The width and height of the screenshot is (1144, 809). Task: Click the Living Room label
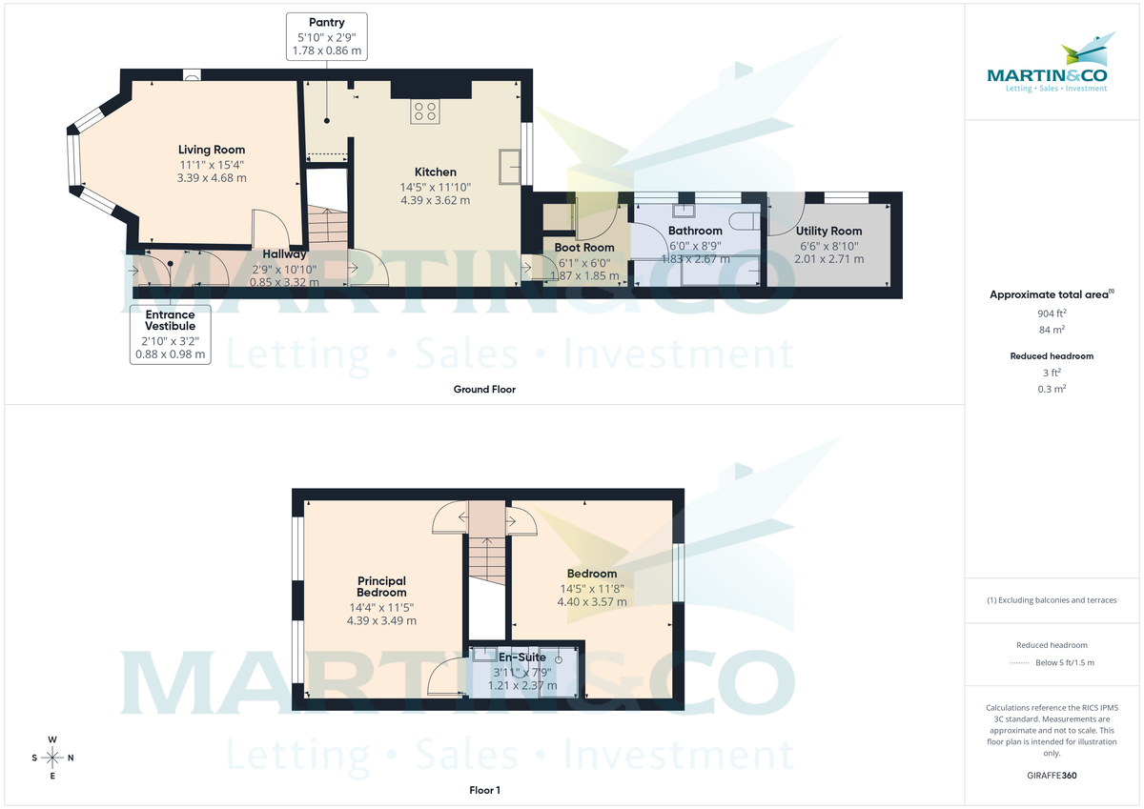pyautogui.click(x=212, y=150)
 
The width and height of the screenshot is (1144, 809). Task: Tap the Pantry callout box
pyautogui.click(x=326, y=36)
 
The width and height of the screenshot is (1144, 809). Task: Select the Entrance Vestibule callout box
pyautogui.click(x=170, y=334)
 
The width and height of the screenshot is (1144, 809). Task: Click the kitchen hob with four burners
pyautogui.click(x=425, y=111)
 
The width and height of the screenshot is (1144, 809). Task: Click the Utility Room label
pyautogui.click(x=828, y=231)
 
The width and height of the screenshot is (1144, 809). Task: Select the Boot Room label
pyautogui.click(x=584, y=248)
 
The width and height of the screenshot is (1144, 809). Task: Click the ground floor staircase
pyautogui.click(x=326, y=225)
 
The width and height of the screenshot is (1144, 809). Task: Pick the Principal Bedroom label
pyautogui.click(x=381, y=586)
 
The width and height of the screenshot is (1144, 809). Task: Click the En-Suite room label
pyautogui.click(x=521, y=657)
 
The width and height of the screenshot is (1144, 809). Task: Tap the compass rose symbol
pyautogui.click(x=52, y=758)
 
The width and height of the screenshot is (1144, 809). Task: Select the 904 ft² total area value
pyautogui.click(x=1052, y=313)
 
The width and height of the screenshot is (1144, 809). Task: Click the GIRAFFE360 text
pyautogui.click(x=1052, y=776)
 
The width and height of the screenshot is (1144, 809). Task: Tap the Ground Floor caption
pyautogui.click(x=485, y=389)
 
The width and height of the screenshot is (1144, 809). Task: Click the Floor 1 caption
pyautogui.click(x=485, y=790)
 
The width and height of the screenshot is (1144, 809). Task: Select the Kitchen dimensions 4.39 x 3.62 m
pyautogui.click(x=435, y=200)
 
